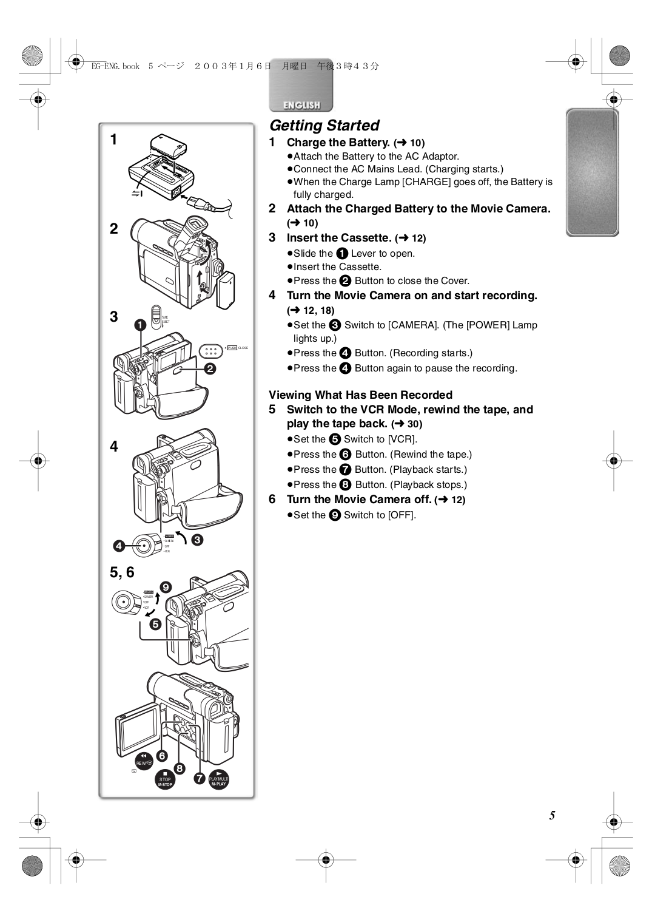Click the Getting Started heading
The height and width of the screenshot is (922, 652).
(324, 125)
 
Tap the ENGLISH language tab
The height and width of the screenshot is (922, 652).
(301, 104)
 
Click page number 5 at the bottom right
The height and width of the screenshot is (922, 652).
(552, 815)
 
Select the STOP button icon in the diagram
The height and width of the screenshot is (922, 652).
(165, 781)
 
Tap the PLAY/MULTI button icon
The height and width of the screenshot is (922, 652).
(218, 780)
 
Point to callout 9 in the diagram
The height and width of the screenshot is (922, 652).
(166, 587)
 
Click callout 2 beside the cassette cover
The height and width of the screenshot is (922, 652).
(210, 368)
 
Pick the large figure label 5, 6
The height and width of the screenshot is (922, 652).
(122, 572)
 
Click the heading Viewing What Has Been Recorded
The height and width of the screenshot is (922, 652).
(360, 395)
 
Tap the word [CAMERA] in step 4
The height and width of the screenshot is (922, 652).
(412, 325)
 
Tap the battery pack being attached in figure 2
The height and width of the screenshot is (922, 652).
(226, 290)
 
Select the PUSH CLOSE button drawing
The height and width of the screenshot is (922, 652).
(210, 351)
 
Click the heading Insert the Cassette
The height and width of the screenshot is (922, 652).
(338, 238)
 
